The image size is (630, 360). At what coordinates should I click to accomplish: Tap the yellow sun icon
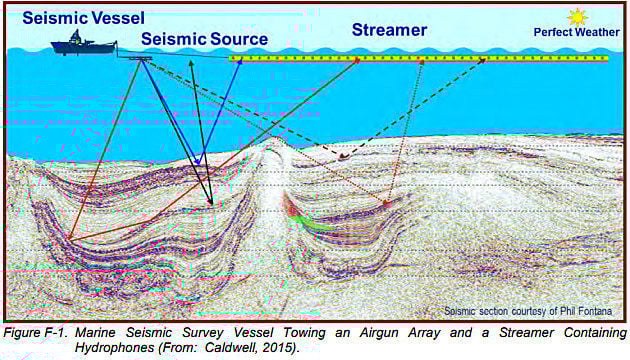tap(576, 17)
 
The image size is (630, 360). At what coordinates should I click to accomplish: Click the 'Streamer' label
tap(389, 29)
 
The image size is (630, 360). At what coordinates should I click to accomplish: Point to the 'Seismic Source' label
tap(204, 39)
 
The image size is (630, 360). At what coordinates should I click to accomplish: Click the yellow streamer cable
tap(420, 59)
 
